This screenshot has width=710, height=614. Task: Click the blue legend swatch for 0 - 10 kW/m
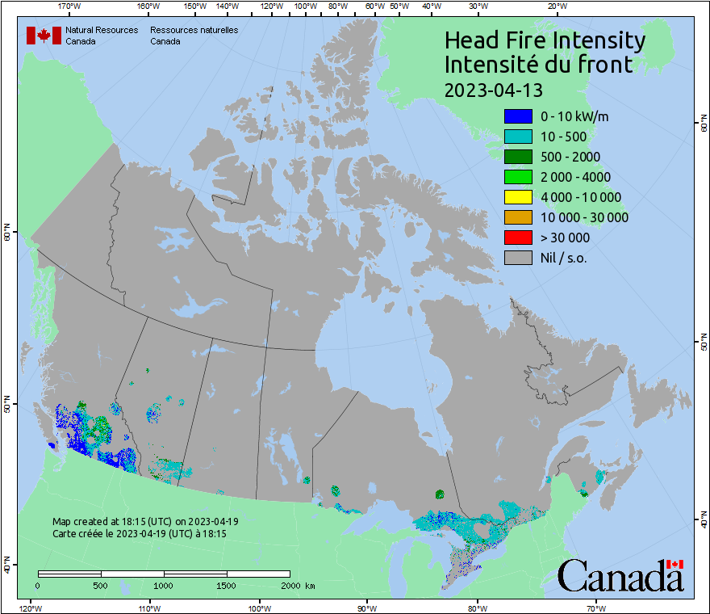coord(517,117)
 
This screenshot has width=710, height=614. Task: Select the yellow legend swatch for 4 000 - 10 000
coord(517,197)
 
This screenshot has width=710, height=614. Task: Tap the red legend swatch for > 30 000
coord(517,238)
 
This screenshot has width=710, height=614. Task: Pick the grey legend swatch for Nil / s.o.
coord(517,258)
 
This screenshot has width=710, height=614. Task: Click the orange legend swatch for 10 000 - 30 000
coord(517,217)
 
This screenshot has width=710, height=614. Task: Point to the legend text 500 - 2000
coord(570,157)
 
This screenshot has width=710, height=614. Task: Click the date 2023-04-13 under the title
coord(493,89)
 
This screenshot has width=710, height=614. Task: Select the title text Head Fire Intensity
coord(545,40)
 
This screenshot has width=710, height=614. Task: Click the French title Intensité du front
coord(538,65)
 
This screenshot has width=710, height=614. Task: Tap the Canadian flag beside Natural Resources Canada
coord(44,36)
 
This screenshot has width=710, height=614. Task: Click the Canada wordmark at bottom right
coord(620,576)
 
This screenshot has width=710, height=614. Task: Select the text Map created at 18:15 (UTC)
coord(145,522)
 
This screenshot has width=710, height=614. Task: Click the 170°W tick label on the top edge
coord(70,6)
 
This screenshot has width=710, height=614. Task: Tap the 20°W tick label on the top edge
coord(556,6)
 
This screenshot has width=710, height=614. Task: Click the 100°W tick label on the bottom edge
coord(259,608)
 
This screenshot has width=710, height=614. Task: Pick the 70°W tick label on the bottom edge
coord(595,608)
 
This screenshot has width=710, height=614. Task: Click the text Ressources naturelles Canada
coord(194,36)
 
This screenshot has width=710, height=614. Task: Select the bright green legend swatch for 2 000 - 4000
coord(517,177)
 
